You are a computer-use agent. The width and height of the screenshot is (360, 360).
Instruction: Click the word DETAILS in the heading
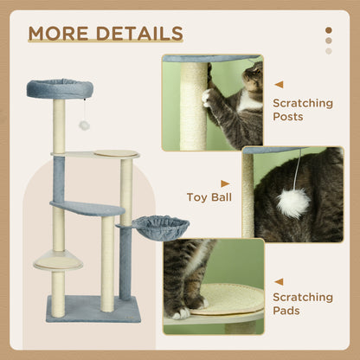point(138,34)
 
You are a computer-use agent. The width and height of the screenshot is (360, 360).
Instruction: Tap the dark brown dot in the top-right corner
point(328,30)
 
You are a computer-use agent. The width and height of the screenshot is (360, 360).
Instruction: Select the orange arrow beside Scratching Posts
point(279,85)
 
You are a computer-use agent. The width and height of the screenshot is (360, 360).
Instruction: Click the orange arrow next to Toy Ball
point(226,183)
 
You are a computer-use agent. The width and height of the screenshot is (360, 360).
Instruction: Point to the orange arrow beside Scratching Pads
point(279,281)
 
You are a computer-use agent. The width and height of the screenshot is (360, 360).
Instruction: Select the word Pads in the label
point(289,311)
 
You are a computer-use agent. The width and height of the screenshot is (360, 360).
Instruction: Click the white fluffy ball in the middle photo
point(293,202)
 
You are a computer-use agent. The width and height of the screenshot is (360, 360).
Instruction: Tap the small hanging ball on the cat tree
point(85,125)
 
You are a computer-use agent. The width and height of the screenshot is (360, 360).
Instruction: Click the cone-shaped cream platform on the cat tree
point(57,260)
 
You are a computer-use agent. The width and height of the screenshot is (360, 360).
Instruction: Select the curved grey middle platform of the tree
point(87,208)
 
